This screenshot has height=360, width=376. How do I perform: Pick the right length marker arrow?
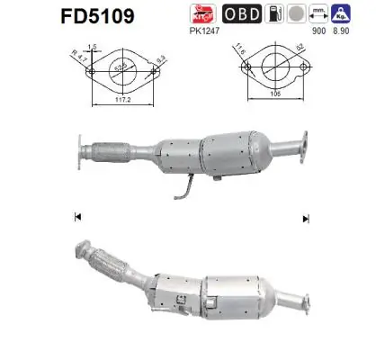[306, 217]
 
